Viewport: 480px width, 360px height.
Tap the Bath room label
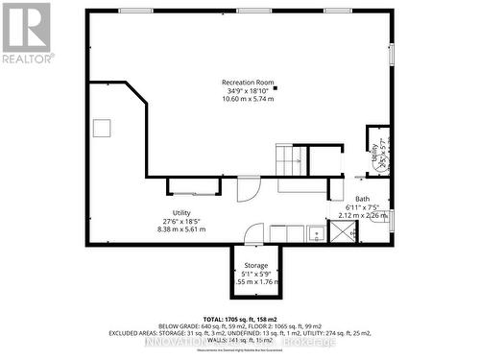click(362, 199)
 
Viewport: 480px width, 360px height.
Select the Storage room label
click(255, 265)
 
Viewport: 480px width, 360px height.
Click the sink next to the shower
click(315, 232)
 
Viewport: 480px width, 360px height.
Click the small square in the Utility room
click(102, 128)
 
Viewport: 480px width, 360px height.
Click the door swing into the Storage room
click(253, 233)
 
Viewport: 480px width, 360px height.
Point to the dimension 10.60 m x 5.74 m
click(242, 99)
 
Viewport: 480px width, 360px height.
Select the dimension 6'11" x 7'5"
click(363, 207)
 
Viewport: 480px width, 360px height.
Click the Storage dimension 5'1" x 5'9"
click(255, 274)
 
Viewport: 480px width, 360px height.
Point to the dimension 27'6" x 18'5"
click(181, 221)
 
